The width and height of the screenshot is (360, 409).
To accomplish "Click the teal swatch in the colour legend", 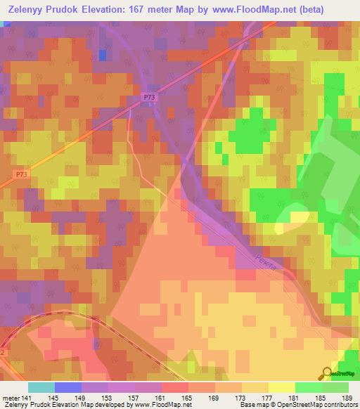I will [x=41, y=387].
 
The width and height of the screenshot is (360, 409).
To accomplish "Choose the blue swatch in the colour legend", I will [x=68, y=387].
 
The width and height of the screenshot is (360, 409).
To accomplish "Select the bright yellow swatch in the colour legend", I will [x=281, y=387].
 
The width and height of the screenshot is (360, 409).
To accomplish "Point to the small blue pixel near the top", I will [x=103, y=54].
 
